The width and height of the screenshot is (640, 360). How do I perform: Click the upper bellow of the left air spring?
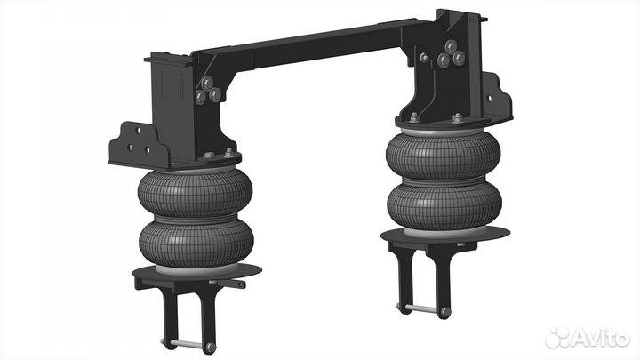point(195,195)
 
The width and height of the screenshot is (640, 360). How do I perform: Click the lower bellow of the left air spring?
point(196,244)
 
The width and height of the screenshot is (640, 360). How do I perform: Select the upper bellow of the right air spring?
point(444,156)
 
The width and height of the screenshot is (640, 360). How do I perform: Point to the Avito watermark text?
point(601,337)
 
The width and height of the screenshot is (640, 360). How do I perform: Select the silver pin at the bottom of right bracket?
point(423,308)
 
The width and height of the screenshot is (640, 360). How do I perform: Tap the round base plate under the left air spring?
point(196,270)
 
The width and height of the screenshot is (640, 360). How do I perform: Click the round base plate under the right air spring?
point(445,234)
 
